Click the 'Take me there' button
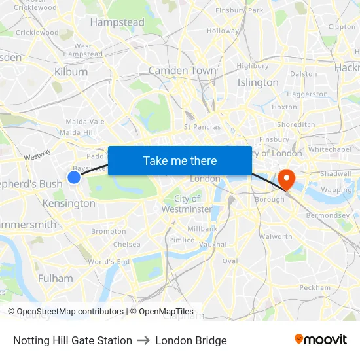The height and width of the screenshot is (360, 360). [x=179, y=160]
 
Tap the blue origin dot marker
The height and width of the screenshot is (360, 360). [x=74, y=177]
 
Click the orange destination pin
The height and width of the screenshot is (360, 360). [x=287, y=179]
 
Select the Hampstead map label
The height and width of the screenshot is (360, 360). [x=117, y=22]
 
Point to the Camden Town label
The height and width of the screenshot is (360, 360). [x=182, y=71]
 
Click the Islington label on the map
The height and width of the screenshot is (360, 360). [x=257, y=82]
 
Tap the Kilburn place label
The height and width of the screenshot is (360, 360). [x=71, y=71]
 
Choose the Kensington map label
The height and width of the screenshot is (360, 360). [x=69, y=204]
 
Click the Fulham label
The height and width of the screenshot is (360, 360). [x=56, y=278]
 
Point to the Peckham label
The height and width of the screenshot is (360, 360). [x=315, y=287]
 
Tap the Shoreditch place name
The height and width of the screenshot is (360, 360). [x=296, y=124]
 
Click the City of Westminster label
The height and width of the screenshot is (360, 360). [x=187, y=204]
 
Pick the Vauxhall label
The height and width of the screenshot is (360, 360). [x=214, y=244]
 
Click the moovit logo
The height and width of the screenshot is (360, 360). [x=320, y=340]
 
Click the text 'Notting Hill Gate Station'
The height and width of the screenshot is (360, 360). [x=73, y=340]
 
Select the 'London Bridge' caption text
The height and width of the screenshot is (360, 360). [x=191, y=340]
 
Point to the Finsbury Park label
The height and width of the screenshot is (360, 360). [x=239, y=10]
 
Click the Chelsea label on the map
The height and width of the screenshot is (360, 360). [x=127, y=244]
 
